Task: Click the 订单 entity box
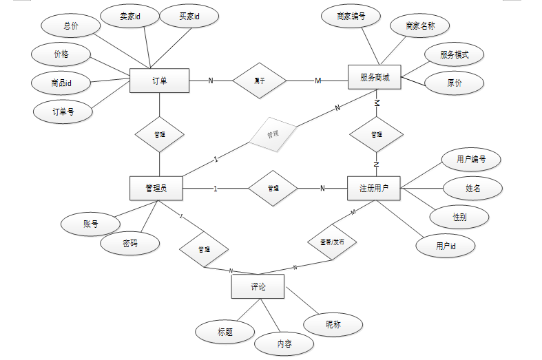pyautogui.click(x=159, y=81)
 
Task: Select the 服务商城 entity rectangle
pyautogui.click(x=375, y=78)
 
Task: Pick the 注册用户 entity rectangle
pyautogui.click(x=374, y=188)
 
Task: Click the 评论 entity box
pyautogui.click(x=258, y=286)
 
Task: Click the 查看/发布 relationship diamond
pyautogui.click(x=331, y=242)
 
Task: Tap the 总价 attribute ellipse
pyautogui.click(x=71, y=25)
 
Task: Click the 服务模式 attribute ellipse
pyautogui.click(x=455, y=54)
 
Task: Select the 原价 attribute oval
pyautogui.click(x=455, y=83)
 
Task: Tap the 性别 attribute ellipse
pyautogui.click(x=460, y=217)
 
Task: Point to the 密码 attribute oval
pyautogui.click(x=130, y=243)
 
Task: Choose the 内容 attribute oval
pyautogui.click(x=284, y=343)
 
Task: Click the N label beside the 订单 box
pyautogui.click(x=211, y=81)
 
